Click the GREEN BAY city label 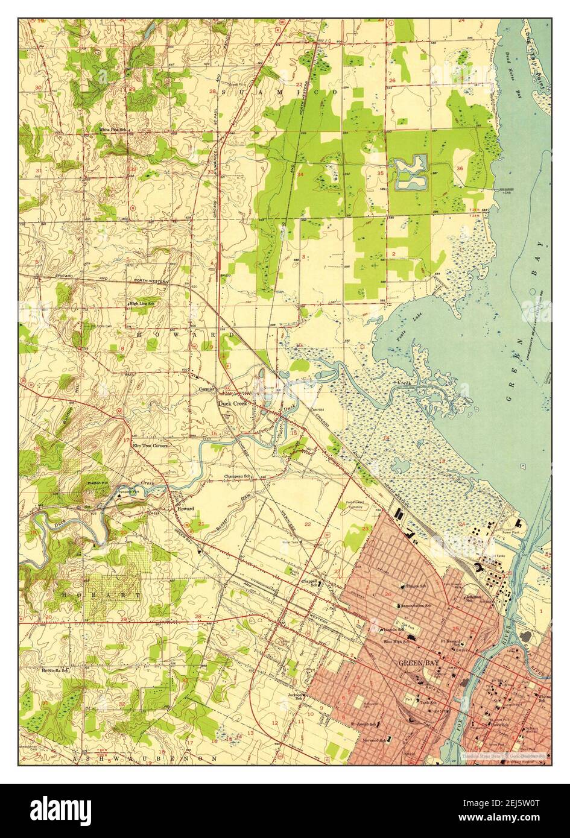pos(416,662)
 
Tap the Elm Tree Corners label pos(150,445)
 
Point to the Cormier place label pos(206,389)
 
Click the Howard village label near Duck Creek pos(185,509)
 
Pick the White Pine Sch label pos(113,129)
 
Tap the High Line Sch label pos(141,303)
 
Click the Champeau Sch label pos(237,476)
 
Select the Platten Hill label pos(97,483)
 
